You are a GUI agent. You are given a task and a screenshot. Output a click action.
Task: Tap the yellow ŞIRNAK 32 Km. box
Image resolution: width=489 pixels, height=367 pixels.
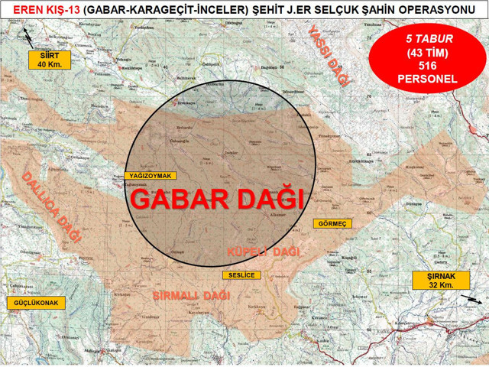[434, 280]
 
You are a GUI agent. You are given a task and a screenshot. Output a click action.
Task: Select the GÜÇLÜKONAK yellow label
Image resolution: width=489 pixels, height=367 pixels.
[35, 303]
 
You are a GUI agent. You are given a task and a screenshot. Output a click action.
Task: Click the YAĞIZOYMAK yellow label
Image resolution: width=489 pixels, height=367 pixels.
[147, 176]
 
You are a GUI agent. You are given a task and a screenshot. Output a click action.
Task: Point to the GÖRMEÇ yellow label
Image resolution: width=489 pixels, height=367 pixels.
[331, 223]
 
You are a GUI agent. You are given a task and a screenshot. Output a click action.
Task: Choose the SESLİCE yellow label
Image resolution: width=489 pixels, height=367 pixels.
[241, 274]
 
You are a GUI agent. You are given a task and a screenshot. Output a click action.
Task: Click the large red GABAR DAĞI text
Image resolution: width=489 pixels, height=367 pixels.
[217, 199]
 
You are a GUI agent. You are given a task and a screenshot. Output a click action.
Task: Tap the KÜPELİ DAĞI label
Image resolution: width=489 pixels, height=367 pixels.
[265, 251]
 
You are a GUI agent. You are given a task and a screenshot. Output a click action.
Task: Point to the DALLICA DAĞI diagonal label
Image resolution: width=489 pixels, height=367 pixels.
[51, 206]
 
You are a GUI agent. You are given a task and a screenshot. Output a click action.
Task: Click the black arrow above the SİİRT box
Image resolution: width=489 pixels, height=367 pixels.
[28, 34]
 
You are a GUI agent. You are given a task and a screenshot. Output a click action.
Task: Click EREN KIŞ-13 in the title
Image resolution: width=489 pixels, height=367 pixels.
[36, 8]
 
